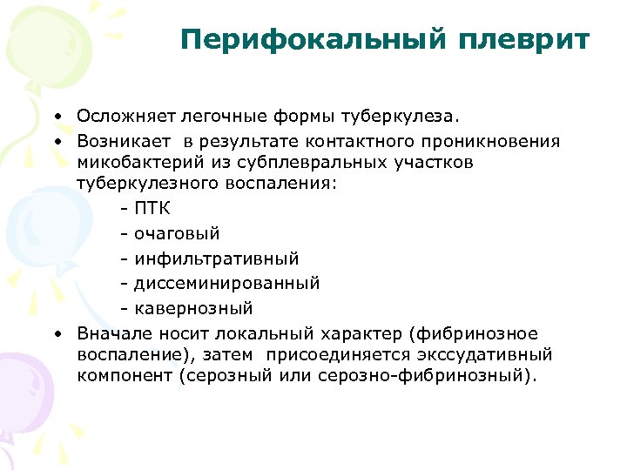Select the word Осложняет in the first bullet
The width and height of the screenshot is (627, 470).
[x=124, y=117]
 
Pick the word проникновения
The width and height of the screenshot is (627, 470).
[x=499, y=140]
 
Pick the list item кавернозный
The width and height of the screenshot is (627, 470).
[x=193, y=307]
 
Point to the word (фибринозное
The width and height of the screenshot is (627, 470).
[x=478, y=333]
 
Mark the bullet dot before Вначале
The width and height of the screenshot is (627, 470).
[x=56, y=334]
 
